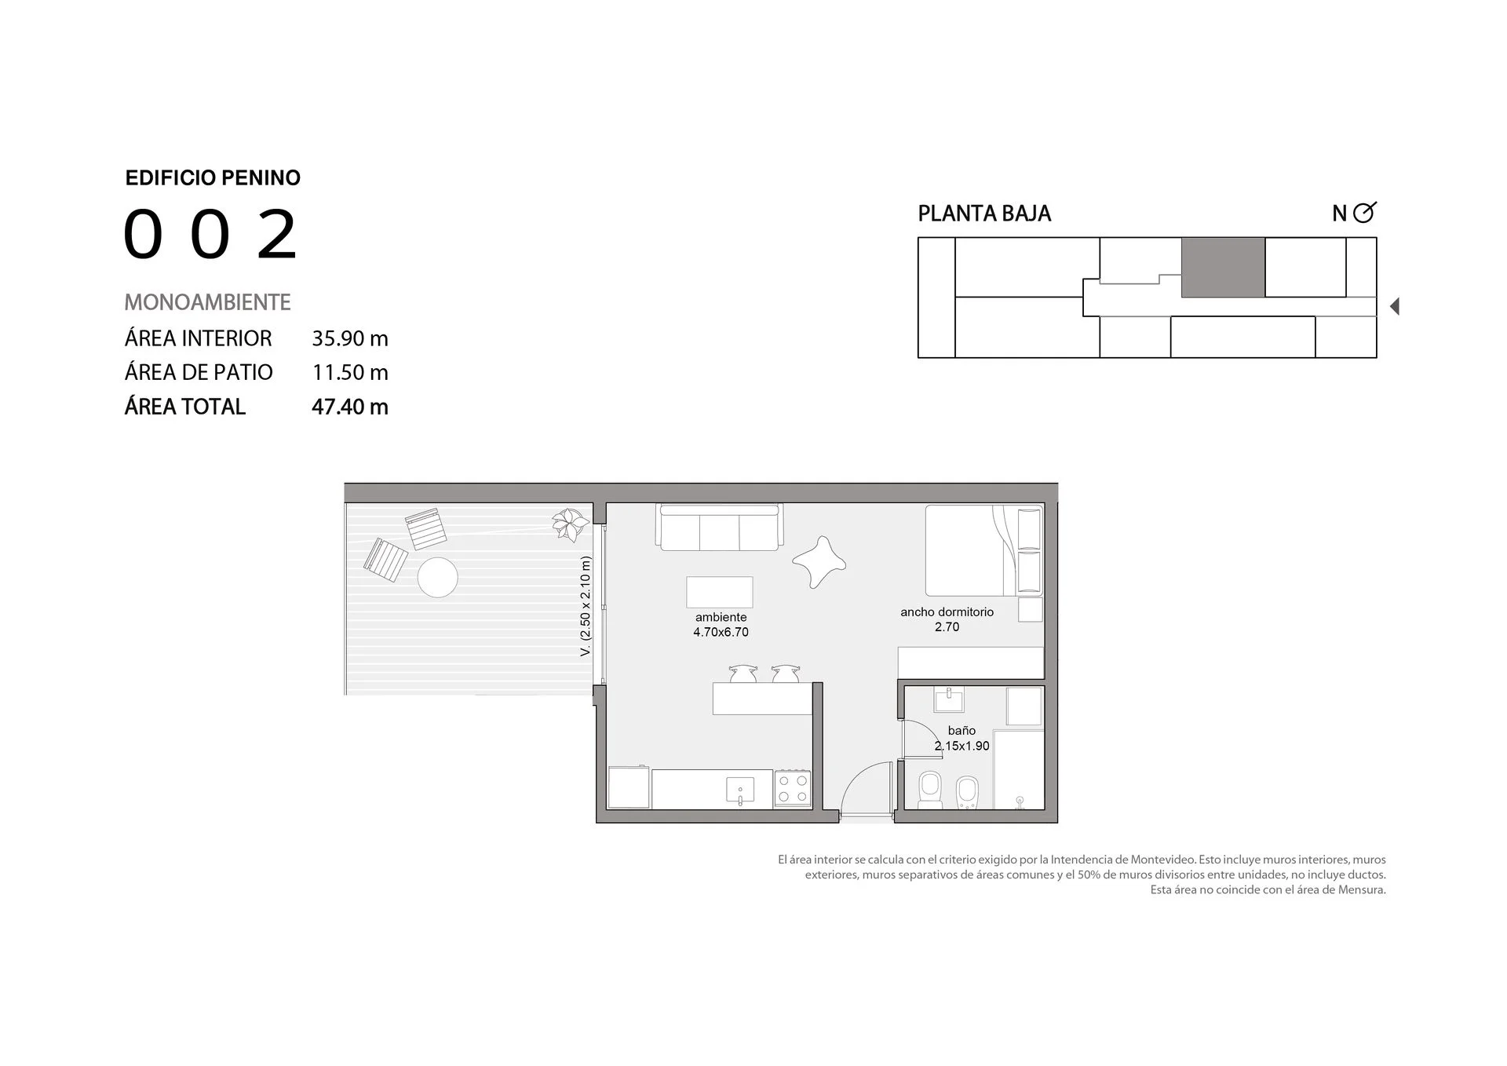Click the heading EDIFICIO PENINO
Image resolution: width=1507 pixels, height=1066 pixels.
[x=213, y=178]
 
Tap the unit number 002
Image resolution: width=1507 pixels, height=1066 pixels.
[x=210, y=234]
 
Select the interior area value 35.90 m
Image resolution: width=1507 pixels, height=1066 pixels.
[x=350, y=338]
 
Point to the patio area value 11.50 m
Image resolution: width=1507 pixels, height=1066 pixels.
[x=350, y=372]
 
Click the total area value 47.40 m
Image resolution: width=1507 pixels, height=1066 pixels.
[x=350, y=407]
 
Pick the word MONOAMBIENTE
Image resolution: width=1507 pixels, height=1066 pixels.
[x=207, y=302]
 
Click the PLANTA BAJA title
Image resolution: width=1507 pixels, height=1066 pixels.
[x=984, y=214]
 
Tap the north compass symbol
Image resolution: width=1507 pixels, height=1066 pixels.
[x=1365, y=212]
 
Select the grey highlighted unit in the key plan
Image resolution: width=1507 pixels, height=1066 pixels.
[x=1223, y=268]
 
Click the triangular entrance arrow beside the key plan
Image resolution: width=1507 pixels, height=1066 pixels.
[x=1395, y=306]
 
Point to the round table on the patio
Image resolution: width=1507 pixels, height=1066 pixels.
[x=437, y=577]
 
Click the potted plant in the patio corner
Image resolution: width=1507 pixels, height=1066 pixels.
[x=570, y=524]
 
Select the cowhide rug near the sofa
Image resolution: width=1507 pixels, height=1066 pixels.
[x=819, y=561]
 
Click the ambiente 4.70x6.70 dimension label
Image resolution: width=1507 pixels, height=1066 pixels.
[x=721, y=625]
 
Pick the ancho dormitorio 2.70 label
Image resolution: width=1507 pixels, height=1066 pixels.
[x=947, y=619]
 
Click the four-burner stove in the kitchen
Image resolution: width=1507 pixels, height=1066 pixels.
[x=793, y=789]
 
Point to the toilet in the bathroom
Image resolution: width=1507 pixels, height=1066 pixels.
[x=930, y=790]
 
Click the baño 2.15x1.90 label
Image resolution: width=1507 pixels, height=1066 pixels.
[x=961, y=739]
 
